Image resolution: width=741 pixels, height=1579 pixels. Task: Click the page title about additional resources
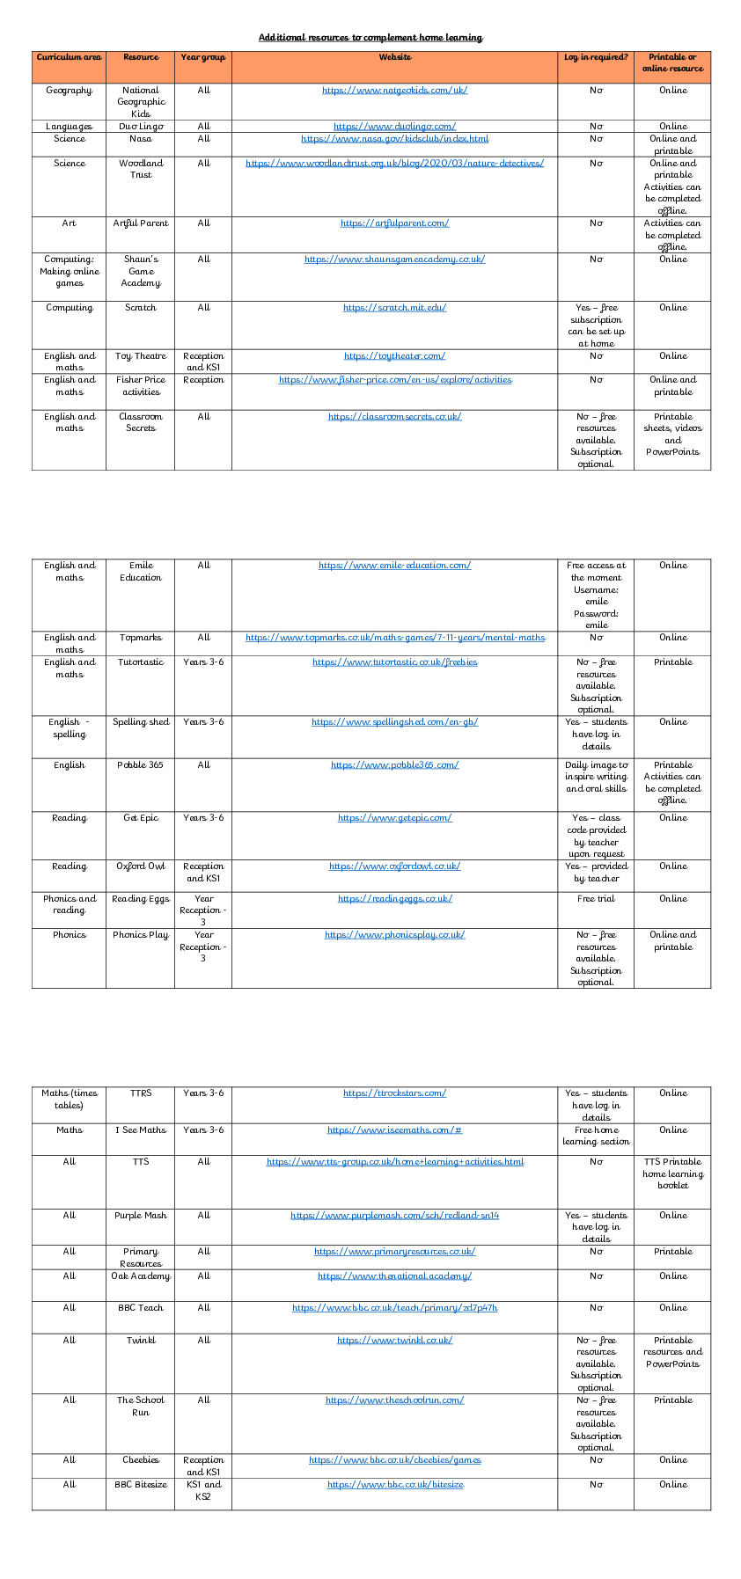click(x=370, y=38)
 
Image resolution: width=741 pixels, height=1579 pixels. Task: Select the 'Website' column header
click(x=394, y=57)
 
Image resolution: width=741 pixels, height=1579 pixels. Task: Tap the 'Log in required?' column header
click(x=596, y=57)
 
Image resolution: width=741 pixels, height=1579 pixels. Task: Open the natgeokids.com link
click(x=394, y=91)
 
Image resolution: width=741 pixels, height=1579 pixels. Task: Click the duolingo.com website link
click(x=394, y=127)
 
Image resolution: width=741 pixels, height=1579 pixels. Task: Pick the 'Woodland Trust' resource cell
click(x=141, y=169)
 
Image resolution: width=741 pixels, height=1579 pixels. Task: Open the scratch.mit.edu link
click(x=394, y=308)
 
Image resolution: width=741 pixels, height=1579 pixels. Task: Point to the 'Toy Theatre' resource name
click(x=141, y=356)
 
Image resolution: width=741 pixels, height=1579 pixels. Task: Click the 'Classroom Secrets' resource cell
click(x=141, y=422)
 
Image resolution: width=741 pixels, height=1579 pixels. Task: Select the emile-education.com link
click(x=394, y=566)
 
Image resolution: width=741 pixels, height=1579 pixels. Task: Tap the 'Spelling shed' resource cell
click(x=141, y=722)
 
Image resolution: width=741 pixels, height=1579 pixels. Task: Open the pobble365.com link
click(x=394, y=765)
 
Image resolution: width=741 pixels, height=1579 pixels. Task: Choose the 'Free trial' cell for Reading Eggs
click(x=596, y=899)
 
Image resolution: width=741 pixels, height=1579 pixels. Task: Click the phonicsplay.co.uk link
click(x=394, y=935)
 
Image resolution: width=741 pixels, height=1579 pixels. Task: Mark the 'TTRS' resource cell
click(x=141, y=1093)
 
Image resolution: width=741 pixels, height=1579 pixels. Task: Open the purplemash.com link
click(x=394, y=1216)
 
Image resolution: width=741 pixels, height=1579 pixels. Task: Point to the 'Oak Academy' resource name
click(x=141, y=1276)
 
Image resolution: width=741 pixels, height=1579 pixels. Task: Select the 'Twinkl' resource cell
click(x=141, y=1341)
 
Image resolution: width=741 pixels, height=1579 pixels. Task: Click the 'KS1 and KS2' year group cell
click(x=203, y=1490)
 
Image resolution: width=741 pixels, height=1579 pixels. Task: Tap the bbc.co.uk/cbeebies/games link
click(x=394, y=1460)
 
